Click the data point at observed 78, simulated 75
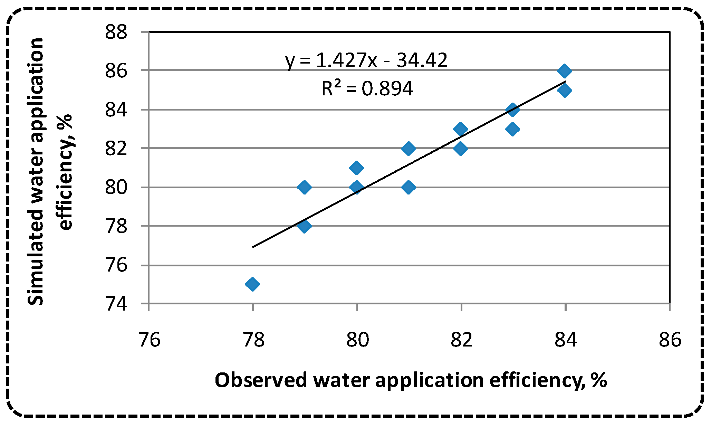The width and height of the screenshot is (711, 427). click(252, 284)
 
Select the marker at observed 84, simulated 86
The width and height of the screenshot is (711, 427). click(565, 71)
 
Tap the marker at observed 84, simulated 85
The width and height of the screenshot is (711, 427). click(565, 91)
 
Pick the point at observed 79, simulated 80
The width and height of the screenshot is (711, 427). click(304, 187)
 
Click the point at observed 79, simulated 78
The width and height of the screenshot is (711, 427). click(304, 226)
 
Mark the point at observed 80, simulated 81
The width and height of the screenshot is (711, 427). click(356, 168)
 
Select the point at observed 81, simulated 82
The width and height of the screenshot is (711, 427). click(409, 149)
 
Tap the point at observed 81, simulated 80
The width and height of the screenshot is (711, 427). click(409, 187)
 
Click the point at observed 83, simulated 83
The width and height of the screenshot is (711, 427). click(512, 129)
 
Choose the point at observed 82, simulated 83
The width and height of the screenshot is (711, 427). click(460, 129)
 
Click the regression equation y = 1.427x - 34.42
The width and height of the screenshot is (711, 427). click(366, 61)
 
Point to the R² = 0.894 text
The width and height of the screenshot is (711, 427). click(367, 88)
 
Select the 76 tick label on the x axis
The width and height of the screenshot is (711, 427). click(149, 339)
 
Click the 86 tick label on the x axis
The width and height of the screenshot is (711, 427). click(670, 339)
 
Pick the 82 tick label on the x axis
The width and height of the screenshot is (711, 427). click(461, 339)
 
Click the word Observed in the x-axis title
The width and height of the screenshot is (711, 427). click(261, 380)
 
